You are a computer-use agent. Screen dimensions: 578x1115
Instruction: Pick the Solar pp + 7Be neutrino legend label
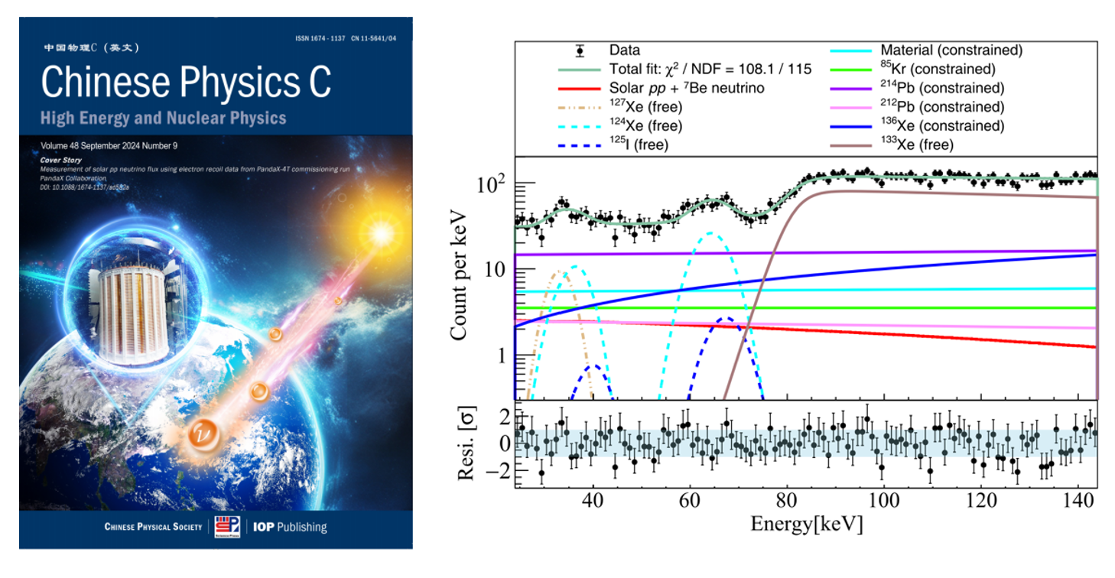point(687,88)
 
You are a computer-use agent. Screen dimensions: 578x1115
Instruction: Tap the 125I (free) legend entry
point(640,144)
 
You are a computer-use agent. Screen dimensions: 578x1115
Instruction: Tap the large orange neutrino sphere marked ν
point(202,433)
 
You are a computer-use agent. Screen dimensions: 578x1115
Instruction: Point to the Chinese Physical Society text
point(153,527)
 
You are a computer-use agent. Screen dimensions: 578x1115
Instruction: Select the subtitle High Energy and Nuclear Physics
point(164,118)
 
